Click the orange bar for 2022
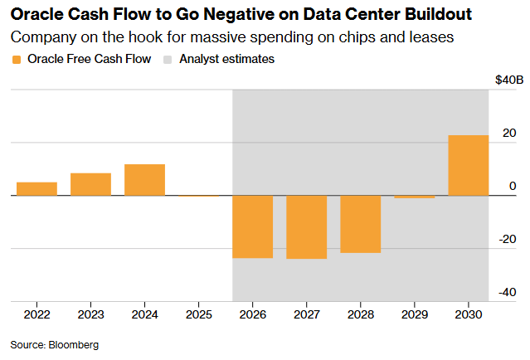[x=36, y=189]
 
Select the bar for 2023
[x=90, y=184]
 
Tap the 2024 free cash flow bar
[x=144, y=180]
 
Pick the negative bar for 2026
[x=252, y=226]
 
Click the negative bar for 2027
[x=306, y=227]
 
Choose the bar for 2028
[x=360, y=224]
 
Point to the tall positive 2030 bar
[x=468, y=165]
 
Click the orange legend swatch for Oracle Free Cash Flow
[x=16, y=60]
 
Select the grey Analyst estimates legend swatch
[x=168, y=60]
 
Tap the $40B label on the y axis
[x=508, y=80]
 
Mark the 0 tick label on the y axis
[x=512, y=186]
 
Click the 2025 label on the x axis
[x=198, y=315]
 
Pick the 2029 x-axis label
[x=414, y=315]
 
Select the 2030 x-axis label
[x=468, y=315]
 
